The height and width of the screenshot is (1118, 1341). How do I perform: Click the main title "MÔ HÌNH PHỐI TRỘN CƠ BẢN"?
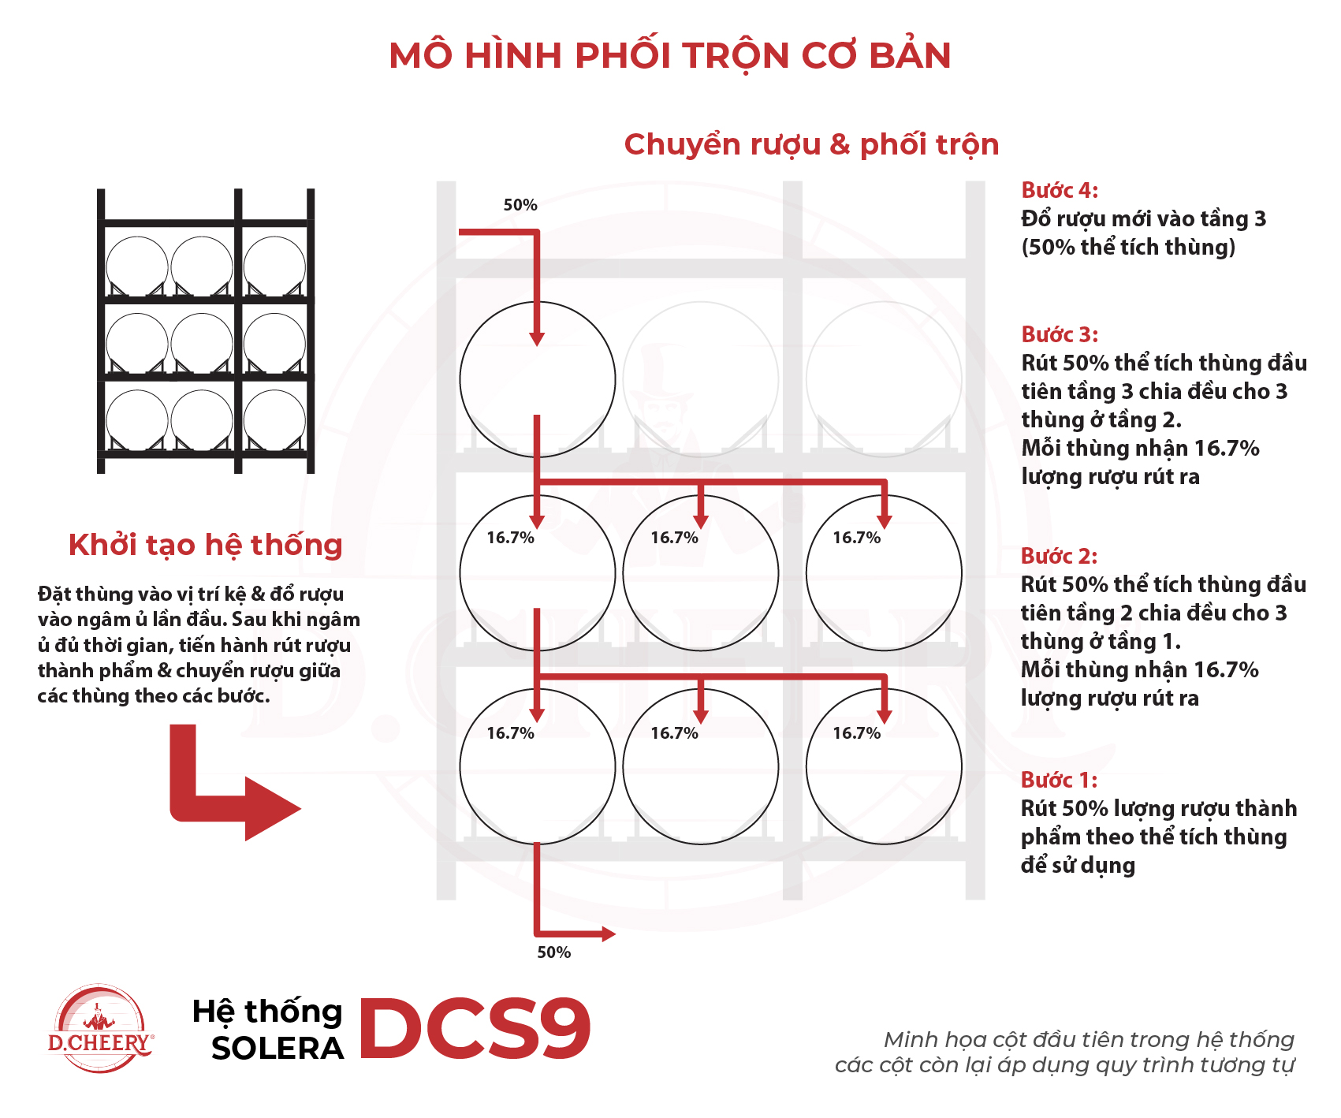tap(670, 56)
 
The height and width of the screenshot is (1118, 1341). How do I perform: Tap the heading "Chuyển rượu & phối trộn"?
tap(811, 145)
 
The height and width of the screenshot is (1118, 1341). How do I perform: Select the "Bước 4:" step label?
tap(1060, 190)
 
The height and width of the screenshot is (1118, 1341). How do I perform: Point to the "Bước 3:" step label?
tap(1060, 334)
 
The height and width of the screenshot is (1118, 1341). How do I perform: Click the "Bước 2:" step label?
tap(1059, 556)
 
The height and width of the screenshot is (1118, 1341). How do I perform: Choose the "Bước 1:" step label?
tap(1059, 780)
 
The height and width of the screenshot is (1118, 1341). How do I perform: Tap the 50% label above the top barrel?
tap(520, 205)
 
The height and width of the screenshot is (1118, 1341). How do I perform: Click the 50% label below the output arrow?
tap(553, 952)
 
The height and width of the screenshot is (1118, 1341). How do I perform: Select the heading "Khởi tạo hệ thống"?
tap(206, 545)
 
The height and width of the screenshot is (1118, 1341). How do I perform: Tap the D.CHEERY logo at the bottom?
tap(100, 1029)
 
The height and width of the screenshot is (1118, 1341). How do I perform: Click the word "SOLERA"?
tap(278, 1049)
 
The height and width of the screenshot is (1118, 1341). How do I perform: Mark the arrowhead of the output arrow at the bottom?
tap(608, 934)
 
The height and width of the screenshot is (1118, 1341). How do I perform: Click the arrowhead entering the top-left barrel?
tap(537, 339)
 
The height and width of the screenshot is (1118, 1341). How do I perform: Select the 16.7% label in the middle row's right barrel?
tap(856, 538)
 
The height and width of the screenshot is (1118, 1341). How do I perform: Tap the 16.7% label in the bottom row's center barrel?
tap(674, 733)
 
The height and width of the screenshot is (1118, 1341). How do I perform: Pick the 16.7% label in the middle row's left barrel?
tap(510, 538)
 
